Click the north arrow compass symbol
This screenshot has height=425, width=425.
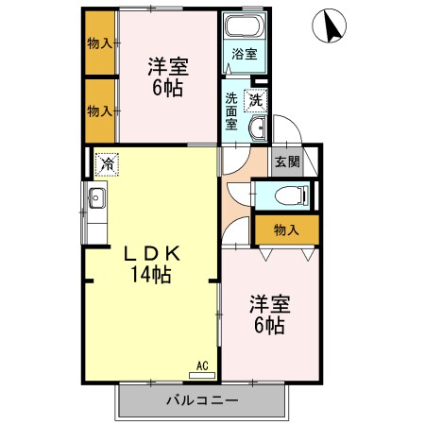pyautogui.click(x=329, y=25)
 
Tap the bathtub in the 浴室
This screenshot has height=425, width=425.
pyautogui.click(x=245, y=25)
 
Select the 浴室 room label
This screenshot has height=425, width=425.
pyautogui.click(x=245, y=54)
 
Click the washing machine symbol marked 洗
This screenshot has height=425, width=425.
pyautogui.click(x=255, y=101)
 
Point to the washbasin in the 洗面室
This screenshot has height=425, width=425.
pyautogui.click(x=258, y=127)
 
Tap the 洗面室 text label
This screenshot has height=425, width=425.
pyautogui.click(x=231, y=111)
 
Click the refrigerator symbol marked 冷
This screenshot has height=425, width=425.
pyautogui.click(x=108, y=164)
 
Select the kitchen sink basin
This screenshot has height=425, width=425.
pyautogui.click(x=96, y=198)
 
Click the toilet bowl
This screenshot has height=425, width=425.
pyautogui.click(x=290, y=195)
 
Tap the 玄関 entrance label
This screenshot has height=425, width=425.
pyautogui.click(x=287, y=161)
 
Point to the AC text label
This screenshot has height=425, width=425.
pyautogui.click(x=202, y=365)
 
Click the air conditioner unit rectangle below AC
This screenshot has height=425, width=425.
pyautogui.click(x=202, y=375)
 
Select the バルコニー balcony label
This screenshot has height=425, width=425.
pyautogui.click(x=202, y=400)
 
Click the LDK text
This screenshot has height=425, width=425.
pyautogui.click(x=152, y=254)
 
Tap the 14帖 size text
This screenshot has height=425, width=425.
pyautogui.click(x=151, y=275)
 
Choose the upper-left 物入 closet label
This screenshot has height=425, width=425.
pyautogui.click(x=99, y=43)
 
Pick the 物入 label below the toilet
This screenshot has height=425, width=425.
pyautogui.click(x=286, y=230)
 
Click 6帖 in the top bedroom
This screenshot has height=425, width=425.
pyautogui.click(x=168, y=88)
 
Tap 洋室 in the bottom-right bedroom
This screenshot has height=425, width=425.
pyautogui.click(x=270, y=304)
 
